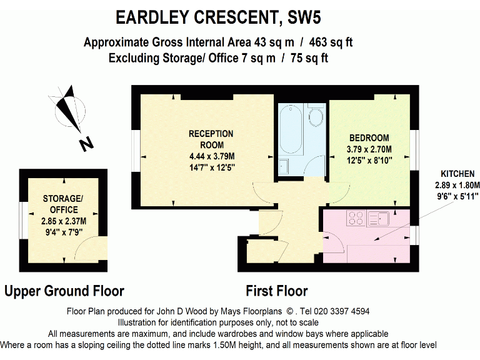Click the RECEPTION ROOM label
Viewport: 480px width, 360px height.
(211, 139)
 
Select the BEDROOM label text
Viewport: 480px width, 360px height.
(369, 138)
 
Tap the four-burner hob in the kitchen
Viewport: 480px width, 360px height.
(356, 218)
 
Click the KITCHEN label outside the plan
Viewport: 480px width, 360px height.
(458, 173)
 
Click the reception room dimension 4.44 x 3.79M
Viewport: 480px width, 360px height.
(211, 156)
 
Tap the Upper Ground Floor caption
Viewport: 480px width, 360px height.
(64, 291)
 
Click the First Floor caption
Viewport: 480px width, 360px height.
(276, 291)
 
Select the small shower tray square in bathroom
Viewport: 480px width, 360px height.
(284, 166)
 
